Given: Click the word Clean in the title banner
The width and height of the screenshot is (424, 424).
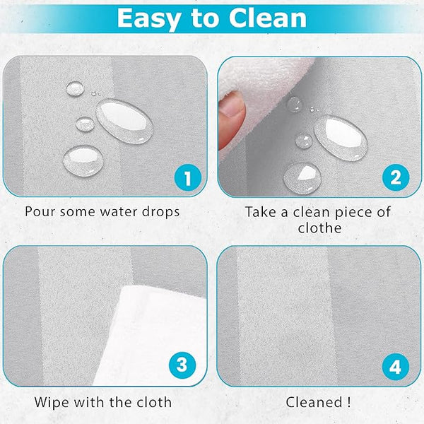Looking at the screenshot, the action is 267,18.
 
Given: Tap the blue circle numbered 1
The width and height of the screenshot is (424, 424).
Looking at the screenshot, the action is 188,178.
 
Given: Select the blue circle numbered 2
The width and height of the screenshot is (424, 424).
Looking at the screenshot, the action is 396,177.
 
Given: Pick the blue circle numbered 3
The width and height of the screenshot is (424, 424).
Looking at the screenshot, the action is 182,365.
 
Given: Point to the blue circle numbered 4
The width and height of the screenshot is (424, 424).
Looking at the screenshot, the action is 395,367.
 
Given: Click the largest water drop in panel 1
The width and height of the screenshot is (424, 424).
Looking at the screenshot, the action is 124,121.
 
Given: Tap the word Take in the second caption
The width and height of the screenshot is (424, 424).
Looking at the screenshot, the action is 261,212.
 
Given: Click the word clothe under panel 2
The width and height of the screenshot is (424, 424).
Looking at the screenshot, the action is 319,228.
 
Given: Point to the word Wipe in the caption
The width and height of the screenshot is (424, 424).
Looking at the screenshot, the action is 52,403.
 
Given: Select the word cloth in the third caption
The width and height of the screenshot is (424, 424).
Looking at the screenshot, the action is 154,402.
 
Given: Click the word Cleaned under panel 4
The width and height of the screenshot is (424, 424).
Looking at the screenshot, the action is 314,402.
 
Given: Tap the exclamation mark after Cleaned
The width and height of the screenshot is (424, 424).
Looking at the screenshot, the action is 349,402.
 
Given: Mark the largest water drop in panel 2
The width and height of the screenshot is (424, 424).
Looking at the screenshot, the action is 341,138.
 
